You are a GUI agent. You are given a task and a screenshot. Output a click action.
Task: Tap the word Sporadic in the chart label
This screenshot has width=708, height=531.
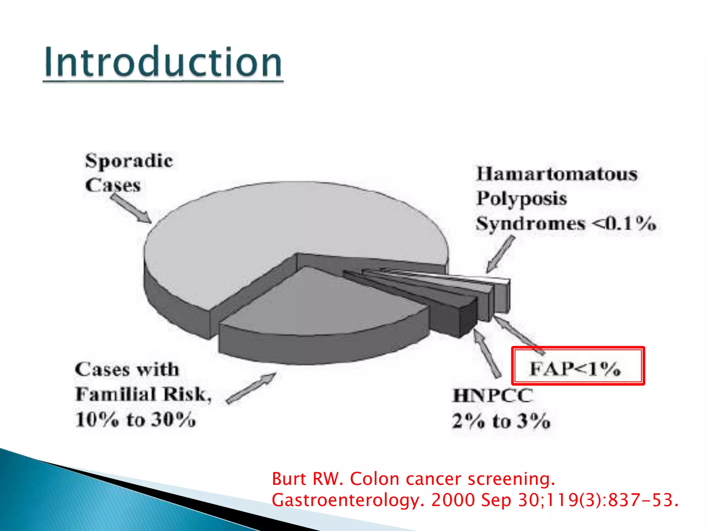[129, 161]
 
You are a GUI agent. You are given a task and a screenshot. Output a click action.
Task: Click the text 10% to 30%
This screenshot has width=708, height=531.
[136, 420]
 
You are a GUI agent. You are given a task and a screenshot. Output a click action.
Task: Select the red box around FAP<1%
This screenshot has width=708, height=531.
[578, 366]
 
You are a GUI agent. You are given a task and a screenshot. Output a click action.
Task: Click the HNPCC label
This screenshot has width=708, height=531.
[493, 395]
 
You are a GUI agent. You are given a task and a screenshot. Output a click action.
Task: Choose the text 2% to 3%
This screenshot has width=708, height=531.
[501, 421]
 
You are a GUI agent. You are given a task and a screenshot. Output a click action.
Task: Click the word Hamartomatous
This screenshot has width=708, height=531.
[557, 174]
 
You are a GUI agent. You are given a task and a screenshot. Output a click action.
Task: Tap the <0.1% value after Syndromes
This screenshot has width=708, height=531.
[624, 224]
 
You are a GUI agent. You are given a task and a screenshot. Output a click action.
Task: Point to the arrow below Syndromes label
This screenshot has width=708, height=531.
[501, 254]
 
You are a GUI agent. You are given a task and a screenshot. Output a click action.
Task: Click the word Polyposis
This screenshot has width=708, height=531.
[522, 199]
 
